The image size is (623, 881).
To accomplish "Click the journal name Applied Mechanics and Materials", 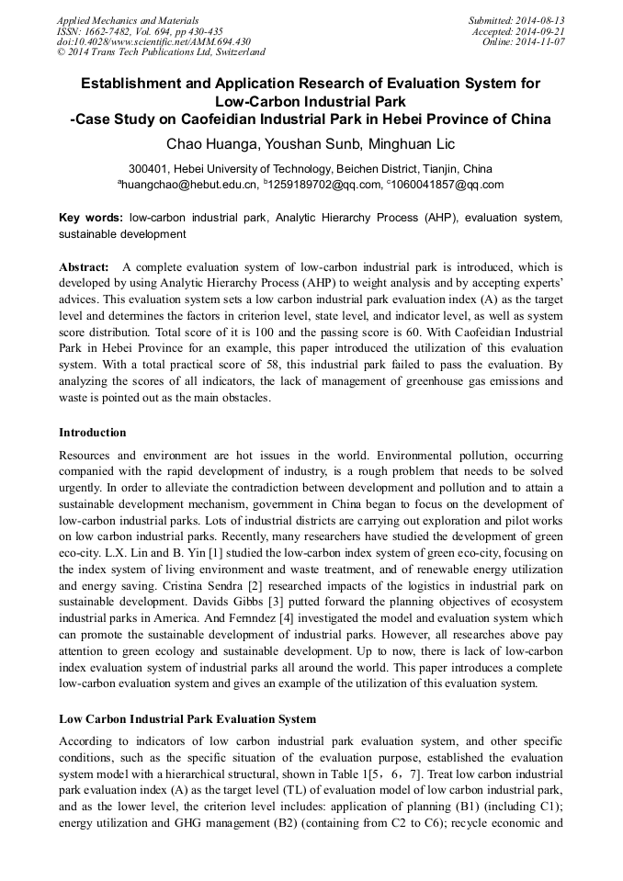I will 128,20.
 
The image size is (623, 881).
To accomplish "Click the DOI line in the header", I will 153,42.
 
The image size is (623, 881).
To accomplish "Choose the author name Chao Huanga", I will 209,144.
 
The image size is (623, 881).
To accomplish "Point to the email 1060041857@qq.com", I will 447,185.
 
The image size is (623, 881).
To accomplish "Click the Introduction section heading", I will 93,432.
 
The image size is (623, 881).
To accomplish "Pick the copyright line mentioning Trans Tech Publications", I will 161,53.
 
